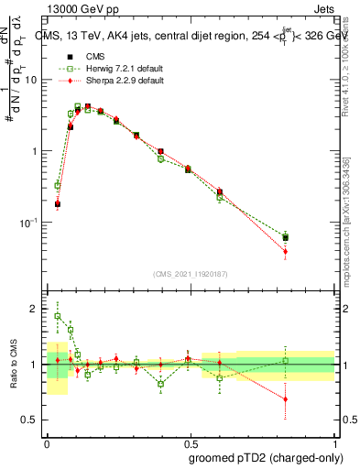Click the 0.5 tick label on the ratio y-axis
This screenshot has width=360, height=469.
[x=32, y=420]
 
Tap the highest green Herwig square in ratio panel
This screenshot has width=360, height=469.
[x=58, y=316]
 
